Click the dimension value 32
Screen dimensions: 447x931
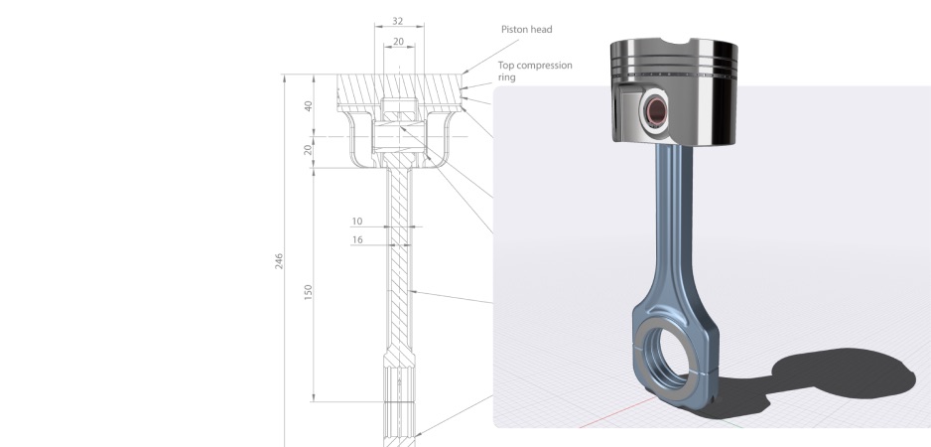(x=397, y=20)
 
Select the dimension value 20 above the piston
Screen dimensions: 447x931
(x=397, y=42)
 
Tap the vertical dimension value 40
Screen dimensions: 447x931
(x=308, y=105)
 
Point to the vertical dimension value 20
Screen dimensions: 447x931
(x=308, y=150)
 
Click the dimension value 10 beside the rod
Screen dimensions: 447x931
(x=357, y=221)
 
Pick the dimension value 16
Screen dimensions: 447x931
(x=357, y=239)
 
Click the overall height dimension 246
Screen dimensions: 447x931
(x=279, y=260)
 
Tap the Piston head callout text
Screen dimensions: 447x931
(x=525, y=30)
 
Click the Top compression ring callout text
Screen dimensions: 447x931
(x=534, y=70)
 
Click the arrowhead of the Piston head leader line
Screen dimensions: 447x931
(x=464, y=73)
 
